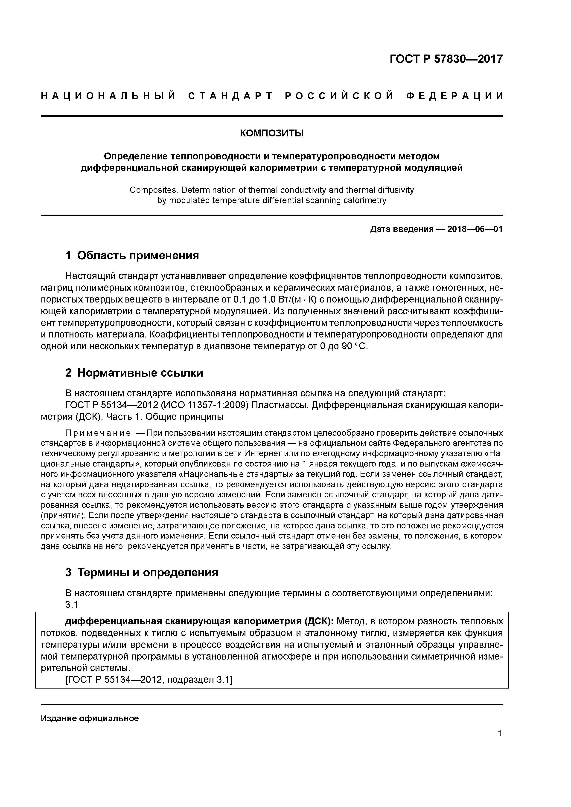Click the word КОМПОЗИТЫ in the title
[x=272, y=134]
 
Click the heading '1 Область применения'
[x=132, y=256]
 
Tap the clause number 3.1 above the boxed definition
[x=71, y=605]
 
